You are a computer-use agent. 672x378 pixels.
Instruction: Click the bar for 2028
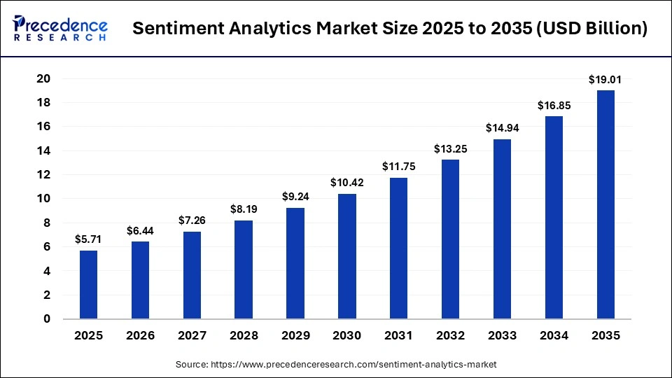coord(244,269)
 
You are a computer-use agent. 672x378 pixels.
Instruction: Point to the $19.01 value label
coord(605,80)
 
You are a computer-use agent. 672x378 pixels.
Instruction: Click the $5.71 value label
coord(89,239)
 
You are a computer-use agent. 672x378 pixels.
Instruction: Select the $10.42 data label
coord(346,183)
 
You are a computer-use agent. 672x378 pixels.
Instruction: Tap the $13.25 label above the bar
coord(450,149)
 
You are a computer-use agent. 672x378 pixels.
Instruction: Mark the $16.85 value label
coord(554,106)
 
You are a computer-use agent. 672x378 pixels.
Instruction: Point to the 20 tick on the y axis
coord(43,78)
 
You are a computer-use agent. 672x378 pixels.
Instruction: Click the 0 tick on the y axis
coord(47,318)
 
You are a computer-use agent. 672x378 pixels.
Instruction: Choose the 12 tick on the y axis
coord(43,174)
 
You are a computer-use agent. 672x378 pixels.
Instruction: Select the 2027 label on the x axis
coord(192,335)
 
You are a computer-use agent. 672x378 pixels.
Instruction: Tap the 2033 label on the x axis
coord(502,335)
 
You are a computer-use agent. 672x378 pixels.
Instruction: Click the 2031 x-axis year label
coord(398,335)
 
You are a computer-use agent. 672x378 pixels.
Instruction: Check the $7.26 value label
coord(192,221)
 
